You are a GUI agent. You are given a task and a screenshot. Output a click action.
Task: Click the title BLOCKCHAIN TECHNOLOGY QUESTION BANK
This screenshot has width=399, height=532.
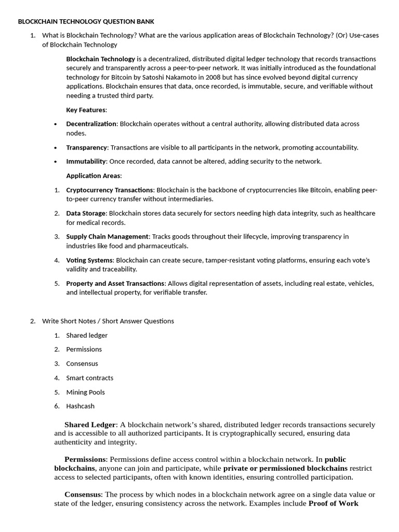coord(86,21)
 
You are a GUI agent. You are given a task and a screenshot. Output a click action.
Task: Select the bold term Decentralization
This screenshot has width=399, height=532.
coord(91,124)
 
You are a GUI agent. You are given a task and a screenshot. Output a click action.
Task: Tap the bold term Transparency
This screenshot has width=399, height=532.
coord(86,147)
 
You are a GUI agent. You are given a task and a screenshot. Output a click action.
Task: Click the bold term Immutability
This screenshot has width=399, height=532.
coord(86,161)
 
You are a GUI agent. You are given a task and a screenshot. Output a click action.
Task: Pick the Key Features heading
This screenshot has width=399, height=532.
coord(86,110)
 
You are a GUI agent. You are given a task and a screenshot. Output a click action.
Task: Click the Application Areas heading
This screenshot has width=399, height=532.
coord(94,176)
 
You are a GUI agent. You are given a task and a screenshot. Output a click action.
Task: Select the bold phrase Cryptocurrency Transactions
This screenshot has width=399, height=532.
coord(110,190)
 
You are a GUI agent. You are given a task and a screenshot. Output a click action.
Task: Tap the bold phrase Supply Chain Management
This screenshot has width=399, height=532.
coord(108,236)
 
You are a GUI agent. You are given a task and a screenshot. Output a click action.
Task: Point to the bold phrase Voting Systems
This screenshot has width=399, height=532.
coord(89,260)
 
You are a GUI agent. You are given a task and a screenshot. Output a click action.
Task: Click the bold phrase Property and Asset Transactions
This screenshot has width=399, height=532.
coord(115,283)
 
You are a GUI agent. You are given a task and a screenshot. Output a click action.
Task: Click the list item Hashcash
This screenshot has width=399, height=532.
coord(81,406)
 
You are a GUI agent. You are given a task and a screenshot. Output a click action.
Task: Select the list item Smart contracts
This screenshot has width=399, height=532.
coord(89,378)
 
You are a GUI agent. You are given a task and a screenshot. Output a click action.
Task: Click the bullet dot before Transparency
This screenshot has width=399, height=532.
coord(56,148)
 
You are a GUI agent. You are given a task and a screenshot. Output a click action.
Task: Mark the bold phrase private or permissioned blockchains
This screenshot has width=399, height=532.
coord(285,468)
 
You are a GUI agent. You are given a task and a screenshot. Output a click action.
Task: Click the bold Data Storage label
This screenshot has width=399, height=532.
coord(86,213)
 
